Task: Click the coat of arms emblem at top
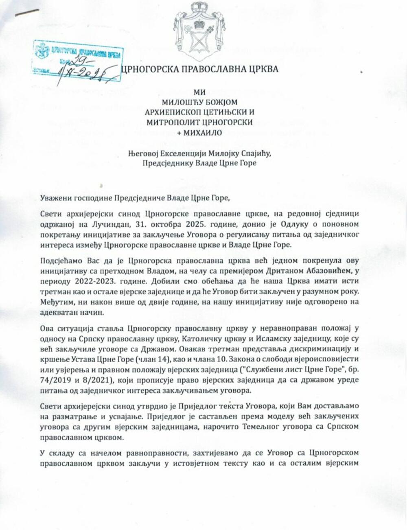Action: coord(199,32)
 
